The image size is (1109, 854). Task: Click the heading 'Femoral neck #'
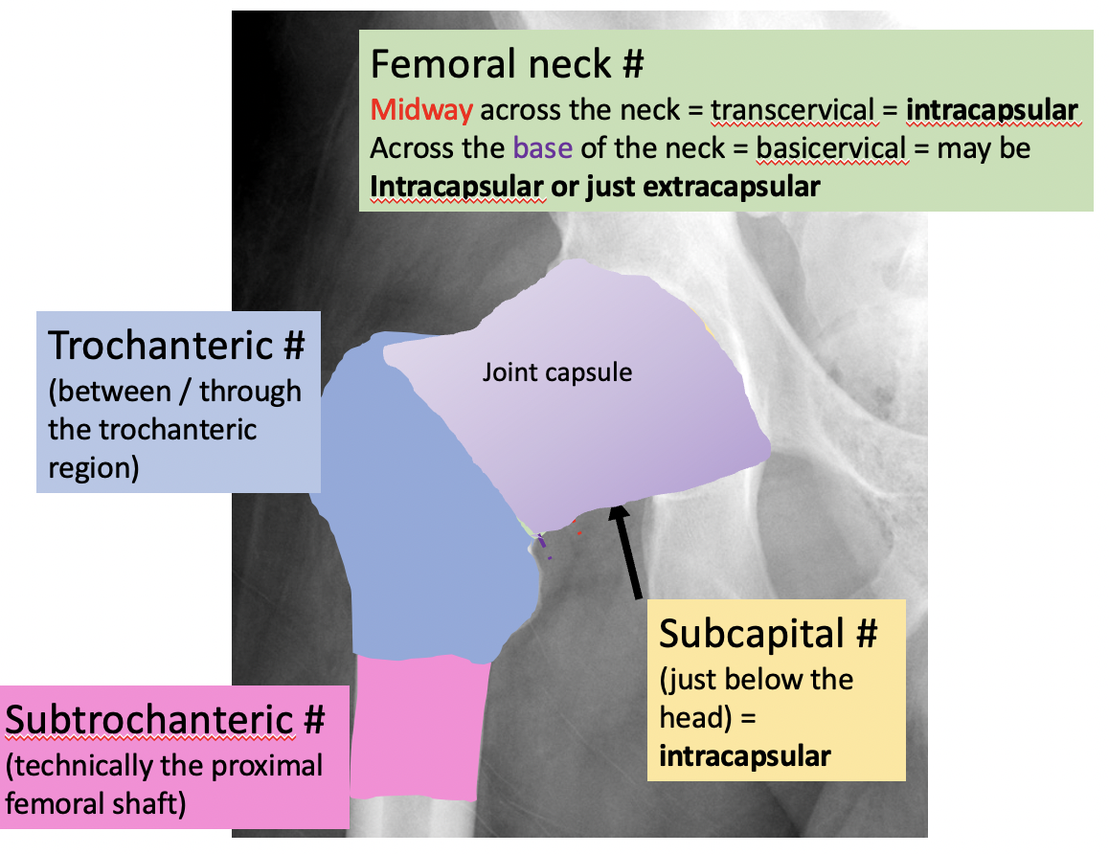507,64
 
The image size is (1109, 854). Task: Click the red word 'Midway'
421,110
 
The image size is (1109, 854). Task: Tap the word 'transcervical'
792,110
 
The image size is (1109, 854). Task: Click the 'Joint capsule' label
556,371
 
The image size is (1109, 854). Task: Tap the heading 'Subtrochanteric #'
166,718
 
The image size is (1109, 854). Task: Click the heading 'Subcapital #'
768,633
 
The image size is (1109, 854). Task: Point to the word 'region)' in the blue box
94,468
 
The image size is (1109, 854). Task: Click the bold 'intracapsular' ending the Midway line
992,110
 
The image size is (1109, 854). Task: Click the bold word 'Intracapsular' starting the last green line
454,186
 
